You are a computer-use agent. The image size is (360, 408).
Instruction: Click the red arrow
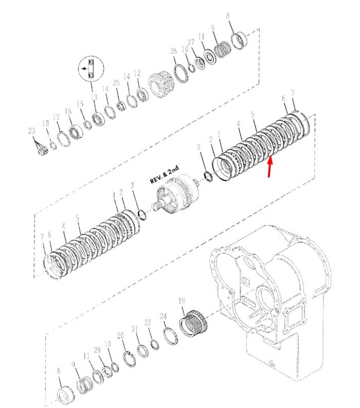click(x=270, y=166)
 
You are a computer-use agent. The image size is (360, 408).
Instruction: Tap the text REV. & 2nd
click(x=165, y=174)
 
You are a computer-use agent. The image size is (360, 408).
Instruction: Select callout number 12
click(x=137, y=73)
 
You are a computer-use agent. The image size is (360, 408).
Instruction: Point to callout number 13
click(x=94, y=97)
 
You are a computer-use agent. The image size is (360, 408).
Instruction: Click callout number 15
click(x=80, y=104)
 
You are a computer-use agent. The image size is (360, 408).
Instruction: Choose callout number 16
click(x=68, y=111)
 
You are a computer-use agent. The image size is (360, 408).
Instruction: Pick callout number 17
click(x=56, y=118)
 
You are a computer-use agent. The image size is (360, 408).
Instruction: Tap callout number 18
click(x=46, y=123)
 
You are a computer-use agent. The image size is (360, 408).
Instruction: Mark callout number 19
click(x=182, y=301)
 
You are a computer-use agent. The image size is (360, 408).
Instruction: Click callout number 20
click(x=120, y=336)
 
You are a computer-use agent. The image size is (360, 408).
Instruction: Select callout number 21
click(x=134, y=329)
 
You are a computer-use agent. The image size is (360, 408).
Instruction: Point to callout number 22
click(x=148, y=323)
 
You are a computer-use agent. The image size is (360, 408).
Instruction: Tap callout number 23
click(x=31, y=131)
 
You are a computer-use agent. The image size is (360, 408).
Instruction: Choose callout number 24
click(x=163, y=317)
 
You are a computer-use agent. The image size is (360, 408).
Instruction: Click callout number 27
click(x=191, y=42)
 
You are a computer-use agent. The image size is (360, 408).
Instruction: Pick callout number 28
click(x=97, y=350)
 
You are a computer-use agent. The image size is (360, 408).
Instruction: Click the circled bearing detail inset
click(x=91, y=68)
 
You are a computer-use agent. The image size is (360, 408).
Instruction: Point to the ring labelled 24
click(x=171, y=337)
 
